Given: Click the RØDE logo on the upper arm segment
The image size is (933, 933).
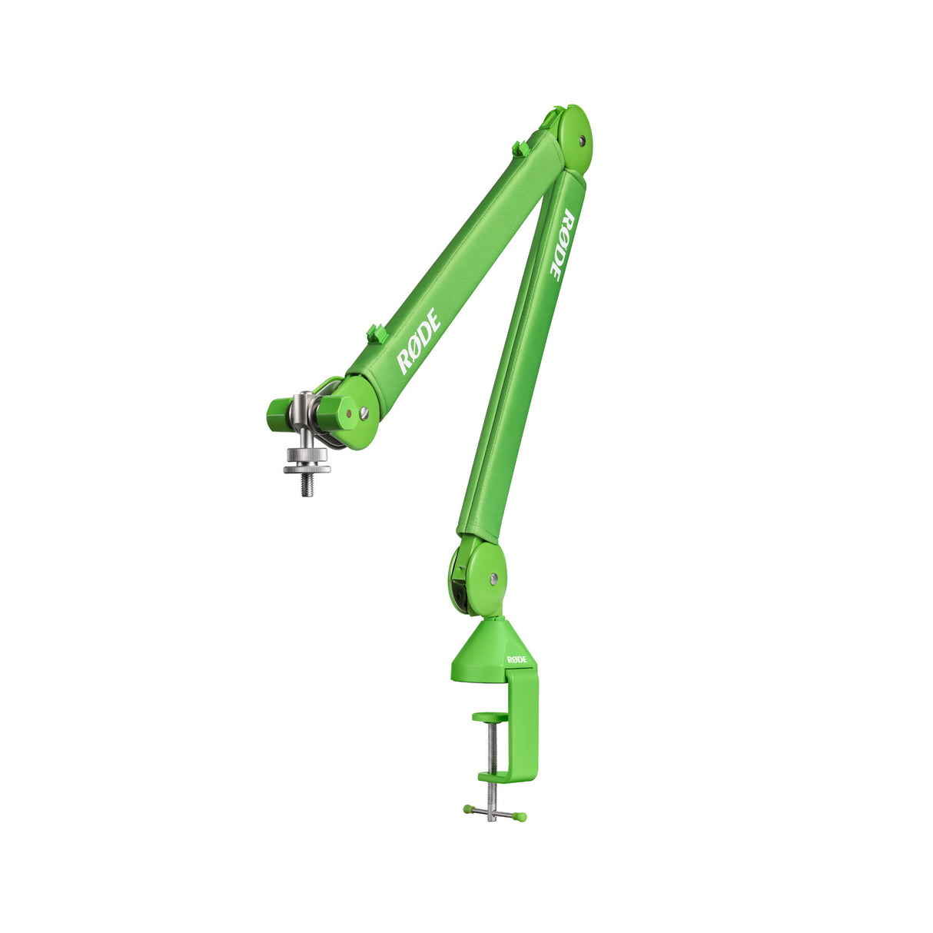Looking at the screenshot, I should point(418,341).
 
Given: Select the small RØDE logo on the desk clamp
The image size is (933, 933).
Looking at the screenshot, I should point(516,659).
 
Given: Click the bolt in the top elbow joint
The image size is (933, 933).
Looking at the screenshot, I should point(582,141).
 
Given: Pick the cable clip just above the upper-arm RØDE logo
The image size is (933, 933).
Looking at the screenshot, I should point(376,333).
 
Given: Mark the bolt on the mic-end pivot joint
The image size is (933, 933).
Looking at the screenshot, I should point(364,413).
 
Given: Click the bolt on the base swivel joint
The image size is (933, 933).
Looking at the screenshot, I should point(493,577).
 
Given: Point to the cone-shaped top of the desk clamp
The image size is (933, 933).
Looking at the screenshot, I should point(488,642).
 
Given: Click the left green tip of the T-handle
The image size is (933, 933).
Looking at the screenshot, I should point(466,808).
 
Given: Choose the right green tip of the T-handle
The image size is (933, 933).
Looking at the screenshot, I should point(523,816).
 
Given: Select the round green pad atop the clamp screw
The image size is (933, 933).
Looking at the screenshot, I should point(490,717).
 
